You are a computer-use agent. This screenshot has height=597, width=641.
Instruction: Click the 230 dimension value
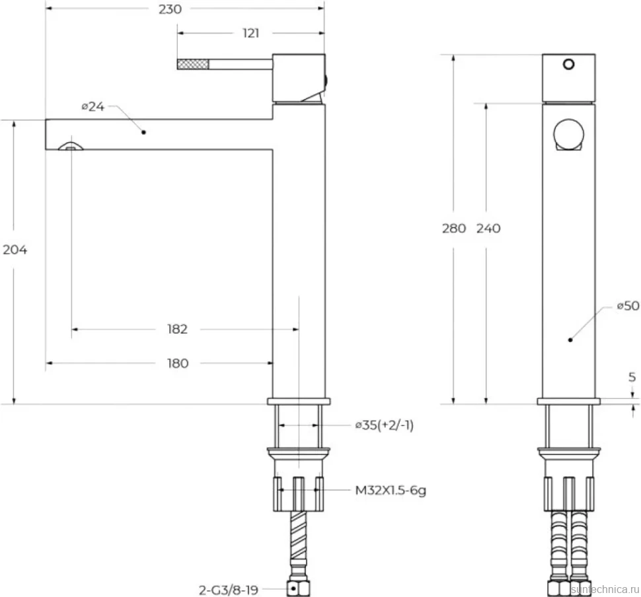[x=170, y=9]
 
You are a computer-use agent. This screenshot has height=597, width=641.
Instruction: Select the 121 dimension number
[x=251, y=33]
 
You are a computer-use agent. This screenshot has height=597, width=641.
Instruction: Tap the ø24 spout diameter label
[x=93, y=106]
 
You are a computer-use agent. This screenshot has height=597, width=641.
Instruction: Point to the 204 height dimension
[x=15, y=249]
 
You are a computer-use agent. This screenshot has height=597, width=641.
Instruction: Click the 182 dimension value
[x=177, y=329]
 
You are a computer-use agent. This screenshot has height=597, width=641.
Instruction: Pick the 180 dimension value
[x=178, y=363]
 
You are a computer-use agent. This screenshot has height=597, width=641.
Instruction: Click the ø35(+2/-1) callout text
[x=385, y=425]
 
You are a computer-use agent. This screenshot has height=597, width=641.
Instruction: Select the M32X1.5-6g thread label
[x=391, y=490]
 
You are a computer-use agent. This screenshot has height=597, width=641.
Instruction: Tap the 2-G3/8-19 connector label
[x=229, y=590]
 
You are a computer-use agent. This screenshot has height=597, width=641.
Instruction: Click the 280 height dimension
[x=454, y=228]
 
